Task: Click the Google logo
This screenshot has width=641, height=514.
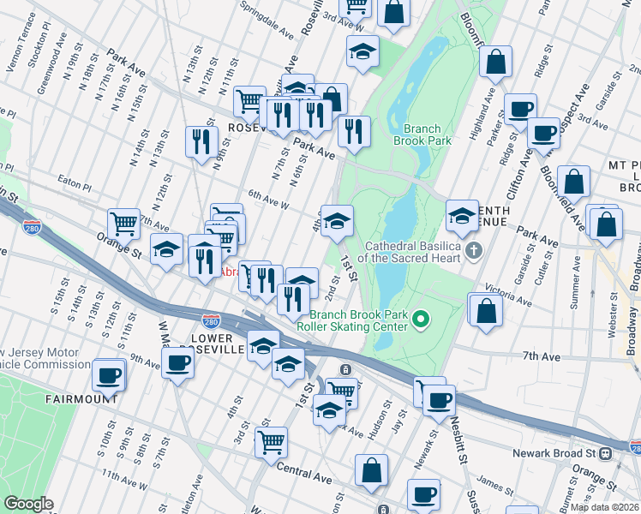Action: click(x=28, y=504)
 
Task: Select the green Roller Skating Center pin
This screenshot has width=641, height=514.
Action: click(x=420, y=320)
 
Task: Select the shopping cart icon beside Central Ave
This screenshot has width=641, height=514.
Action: click(x=272, y=442)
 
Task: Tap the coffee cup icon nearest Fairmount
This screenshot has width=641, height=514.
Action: click(x=109, y=375)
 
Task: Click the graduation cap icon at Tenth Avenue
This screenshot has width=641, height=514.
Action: click(x=462, y=215)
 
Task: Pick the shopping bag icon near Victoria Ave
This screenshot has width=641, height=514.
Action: click(x=486, y=311)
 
